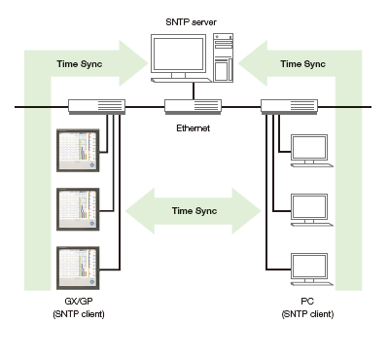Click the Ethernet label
coord(193,127)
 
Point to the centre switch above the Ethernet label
coord(193,108)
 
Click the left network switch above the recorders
coord(95,107)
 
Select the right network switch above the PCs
coord(289,107)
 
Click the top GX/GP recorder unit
coord(79,151)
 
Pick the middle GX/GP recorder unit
coord(79,207)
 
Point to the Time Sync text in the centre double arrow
coord(193,211)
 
